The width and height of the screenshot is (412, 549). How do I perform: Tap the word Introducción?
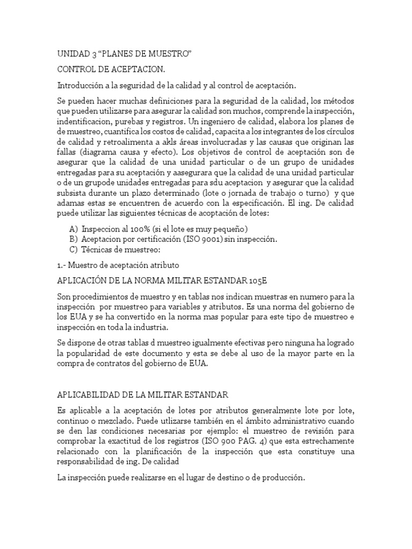[81, 86]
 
